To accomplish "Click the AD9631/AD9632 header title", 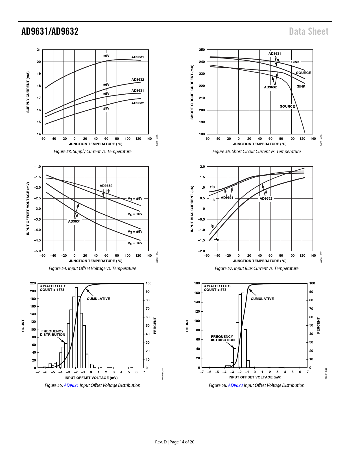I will pos(50,31).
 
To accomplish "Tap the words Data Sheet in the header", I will pos(309,31).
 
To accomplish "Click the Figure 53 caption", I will pos(93,152).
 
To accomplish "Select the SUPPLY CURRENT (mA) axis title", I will pos(28,92).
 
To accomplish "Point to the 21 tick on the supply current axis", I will pos(39,50).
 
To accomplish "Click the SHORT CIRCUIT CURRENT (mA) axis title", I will pos(192,92).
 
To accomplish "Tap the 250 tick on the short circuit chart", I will pos(202,50).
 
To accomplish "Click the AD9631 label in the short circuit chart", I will pos(274,54).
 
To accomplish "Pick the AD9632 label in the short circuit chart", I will pos(270,87).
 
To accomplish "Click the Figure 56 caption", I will pos(256,152).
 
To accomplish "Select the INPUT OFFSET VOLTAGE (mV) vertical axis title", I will pos(28,208).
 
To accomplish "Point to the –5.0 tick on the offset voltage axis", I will pos(38,251).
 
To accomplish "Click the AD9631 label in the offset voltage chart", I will pos(74,221).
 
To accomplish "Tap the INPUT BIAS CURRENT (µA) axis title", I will pos(192,209).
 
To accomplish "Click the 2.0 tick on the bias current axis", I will pos(202,167).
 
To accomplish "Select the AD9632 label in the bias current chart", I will pos(266,199).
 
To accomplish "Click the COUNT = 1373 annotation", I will pos(52,290).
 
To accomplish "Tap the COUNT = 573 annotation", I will pos(215,290).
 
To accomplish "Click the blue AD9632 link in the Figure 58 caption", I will pos(235,386).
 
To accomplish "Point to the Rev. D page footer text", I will pos(174,442).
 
